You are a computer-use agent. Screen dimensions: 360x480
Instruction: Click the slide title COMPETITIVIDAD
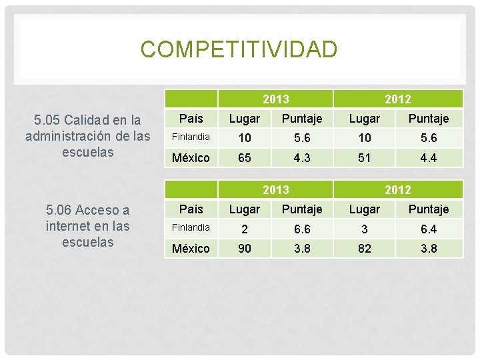[239, 49]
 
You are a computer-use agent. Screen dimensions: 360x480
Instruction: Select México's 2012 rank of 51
[365, 158]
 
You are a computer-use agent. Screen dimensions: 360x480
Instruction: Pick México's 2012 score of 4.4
[428, 158]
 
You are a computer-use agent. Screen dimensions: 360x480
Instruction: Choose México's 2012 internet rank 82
[365, 249]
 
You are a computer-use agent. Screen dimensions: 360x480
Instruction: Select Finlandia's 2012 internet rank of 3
[365, 228]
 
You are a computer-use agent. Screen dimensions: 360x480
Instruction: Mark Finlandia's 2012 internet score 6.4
[428, 228]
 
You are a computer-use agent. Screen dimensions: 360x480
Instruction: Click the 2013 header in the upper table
[275, 99]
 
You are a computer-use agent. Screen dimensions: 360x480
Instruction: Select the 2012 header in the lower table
[397, 190]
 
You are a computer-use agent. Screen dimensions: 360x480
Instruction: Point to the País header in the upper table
[191, 118]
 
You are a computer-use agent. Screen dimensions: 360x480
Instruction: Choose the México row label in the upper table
[191, 158]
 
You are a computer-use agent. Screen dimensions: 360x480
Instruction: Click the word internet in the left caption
[69, 227]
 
